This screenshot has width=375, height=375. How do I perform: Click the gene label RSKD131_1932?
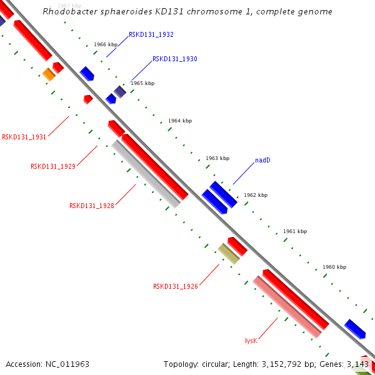[x=151, y=35]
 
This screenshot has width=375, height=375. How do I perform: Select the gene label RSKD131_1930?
[x=174, y=59]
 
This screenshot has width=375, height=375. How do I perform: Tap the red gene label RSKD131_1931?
[x=24, y=137]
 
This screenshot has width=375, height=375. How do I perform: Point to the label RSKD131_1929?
[x=53, y=166]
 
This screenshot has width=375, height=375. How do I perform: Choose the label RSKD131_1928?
[x=91, y=205]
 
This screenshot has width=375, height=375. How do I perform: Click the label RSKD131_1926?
[x=175, y=286]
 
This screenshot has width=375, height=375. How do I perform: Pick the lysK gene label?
[x=251, y=341]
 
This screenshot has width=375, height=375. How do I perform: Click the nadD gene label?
[x=262, y=161]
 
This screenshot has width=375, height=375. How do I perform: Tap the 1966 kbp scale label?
[x=106, y=45]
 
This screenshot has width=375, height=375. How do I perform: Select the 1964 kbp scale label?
[x=180, y=121]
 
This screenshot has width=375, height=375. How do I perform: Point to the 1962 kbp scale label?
[x=256, y=195]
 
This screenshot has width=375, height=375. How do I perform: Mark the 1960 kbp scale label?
[x=334, y=267]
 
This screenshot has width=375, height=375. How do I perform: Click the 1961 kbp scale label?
[x=295, y=231]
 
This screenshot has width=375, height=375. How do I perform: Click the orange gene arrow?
[x=49, y=74]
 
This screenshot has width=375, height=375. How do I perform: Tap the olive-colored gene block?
[x=229, y=253]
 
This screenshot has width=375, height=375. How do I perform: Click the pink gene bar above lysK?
[x=287, y=307]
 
